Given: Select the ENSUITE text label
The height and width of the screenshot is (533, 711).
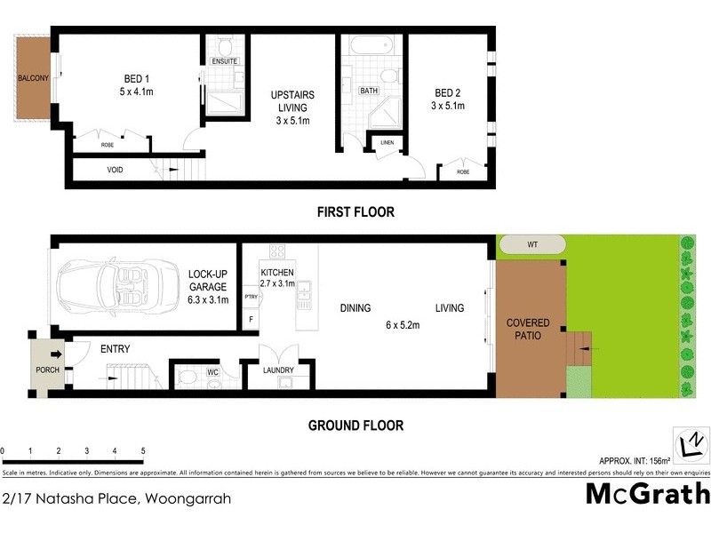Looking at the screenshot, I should [224, 61].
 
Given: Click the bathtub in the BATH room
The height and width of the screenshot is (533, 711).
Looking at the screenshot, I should [370, 47].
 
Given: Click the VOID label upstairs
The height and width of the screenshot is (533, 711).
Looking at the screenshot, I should [115, 169].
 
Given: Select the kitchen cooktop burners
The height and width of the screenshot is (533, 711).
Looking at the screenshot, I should [276, 251].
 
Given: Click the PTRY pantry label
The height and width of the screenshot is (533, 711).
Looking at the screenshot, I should [251, 298].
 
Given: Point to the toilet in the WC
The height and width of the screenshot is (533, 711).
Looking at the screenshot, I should [187, 378].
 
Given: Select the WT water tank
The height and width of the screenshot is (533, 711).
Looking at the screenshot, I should [531, 244].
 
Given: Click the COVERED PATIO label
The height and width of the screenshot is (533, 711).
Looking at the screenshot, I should [528, 330].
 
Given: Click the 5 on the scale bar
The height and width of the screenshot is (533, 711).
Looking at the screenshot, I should [143, 451].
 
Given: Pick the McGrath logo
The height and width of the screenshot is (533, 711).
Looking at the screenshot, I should [648, 494].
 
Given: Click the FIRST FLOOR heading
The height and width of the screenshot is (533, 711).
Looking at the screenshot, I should [355, 212].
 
